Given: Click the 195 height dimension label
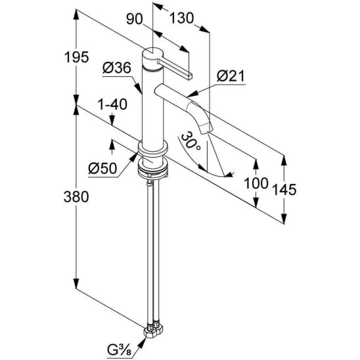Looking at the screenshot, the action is pyautogui.click(x=76, y=57).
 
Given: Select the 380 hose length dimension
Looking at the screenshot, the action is pyautogui.click(x=76, y=197).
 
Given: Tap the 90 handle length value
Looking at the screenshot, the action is pyautogui.click(x=134, y=19).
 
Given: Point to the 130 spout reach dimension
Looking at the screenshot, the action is pyautogui.click(x=181, y=18).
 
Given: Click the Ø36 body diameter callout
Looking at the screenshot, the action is pyautogui.click(x=117, y=68).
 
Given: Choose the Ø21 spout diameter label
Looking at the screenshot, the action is pyautogui.click(x=231, y=76).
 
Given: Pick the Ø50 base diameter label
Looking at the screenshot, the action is pyautogui.click(x=102, y=169).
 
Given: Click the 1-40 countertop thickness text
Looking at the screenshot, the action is pyautogui.click(x=112, y=104).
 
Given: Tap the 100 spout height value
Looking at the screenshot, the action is pyautogui.click(x=256, y=183).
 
